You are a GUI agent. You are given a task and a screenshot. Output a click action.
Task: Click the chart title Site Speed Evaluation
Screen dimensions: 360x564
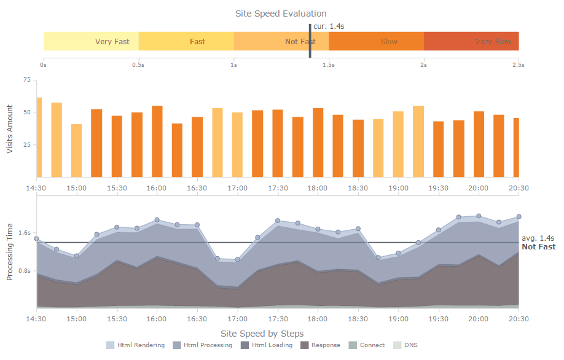[x=281, y=14]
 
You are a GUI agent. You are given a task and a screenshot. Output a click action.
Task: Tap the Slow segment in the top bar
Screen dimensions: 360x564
[x=376, y=41]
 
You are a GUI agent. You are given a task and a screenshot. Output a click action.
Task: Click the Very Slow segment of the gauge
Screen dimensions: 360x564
[x=471, y=41]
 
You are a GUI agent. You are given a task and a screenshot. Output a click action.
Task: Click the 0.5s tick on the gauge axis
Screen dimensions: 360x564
[x=138, y=65]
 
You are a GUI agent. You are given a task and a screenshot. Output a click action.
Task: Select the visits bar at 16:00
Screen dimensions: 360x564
[x=157, y=141]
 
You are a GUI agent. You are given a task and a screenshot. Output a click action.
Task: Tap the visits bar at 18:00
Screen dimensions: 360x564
[x=318, y=143]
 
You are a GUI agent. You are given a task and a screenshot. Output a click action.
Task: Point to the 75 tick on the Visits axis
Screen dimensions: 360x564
[x=26, y=80]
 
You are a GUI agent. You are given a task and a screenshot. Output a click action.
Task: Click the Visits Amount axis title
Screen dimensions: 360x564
[x=10, y=128]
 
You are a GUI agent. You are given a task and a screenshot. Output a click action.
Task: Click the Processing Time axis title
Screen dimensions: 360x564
[x=10, y=252]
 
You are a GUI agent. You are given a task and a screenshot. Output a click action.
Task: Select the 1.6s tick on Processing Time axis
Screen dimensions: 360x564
[x=24, y=233]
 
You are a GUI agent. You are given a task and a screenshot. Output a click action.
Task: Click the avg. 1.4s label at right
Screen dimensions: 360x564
[x=538, y=238]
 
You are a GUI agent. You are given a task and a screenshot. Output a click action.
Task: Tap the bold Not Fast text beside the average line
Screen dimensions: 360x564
[x=538, y=247]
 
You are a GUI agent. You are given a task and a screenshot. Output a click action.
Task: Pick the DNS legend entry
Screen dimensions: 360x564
[x=406, y=345]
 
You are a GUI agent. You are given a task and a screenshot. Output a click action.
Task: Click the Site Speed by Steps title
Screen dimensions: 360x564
[x=262, y=334]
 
